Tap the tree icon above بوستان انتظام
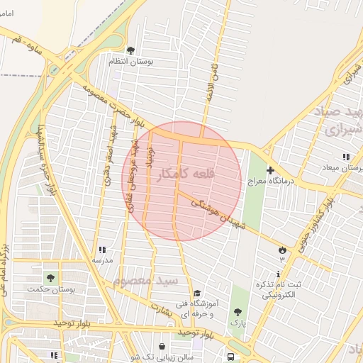pyautogui.click(x=130, y=50)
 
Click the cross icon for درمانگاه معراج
pyautogui.click(x=270, y=170)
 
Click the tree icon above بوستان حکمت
pyautogui.click(x=50, y=277)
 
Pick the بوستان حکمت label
pyautogui.click(x=47, y=289)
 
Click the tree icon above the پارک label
pyautogui.click(x=238, y=312)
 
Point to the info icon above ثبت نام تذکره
pyautogui.click(x=279, y=273)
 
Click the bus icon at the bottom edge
pyautogui.click(x=231, y=356)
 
